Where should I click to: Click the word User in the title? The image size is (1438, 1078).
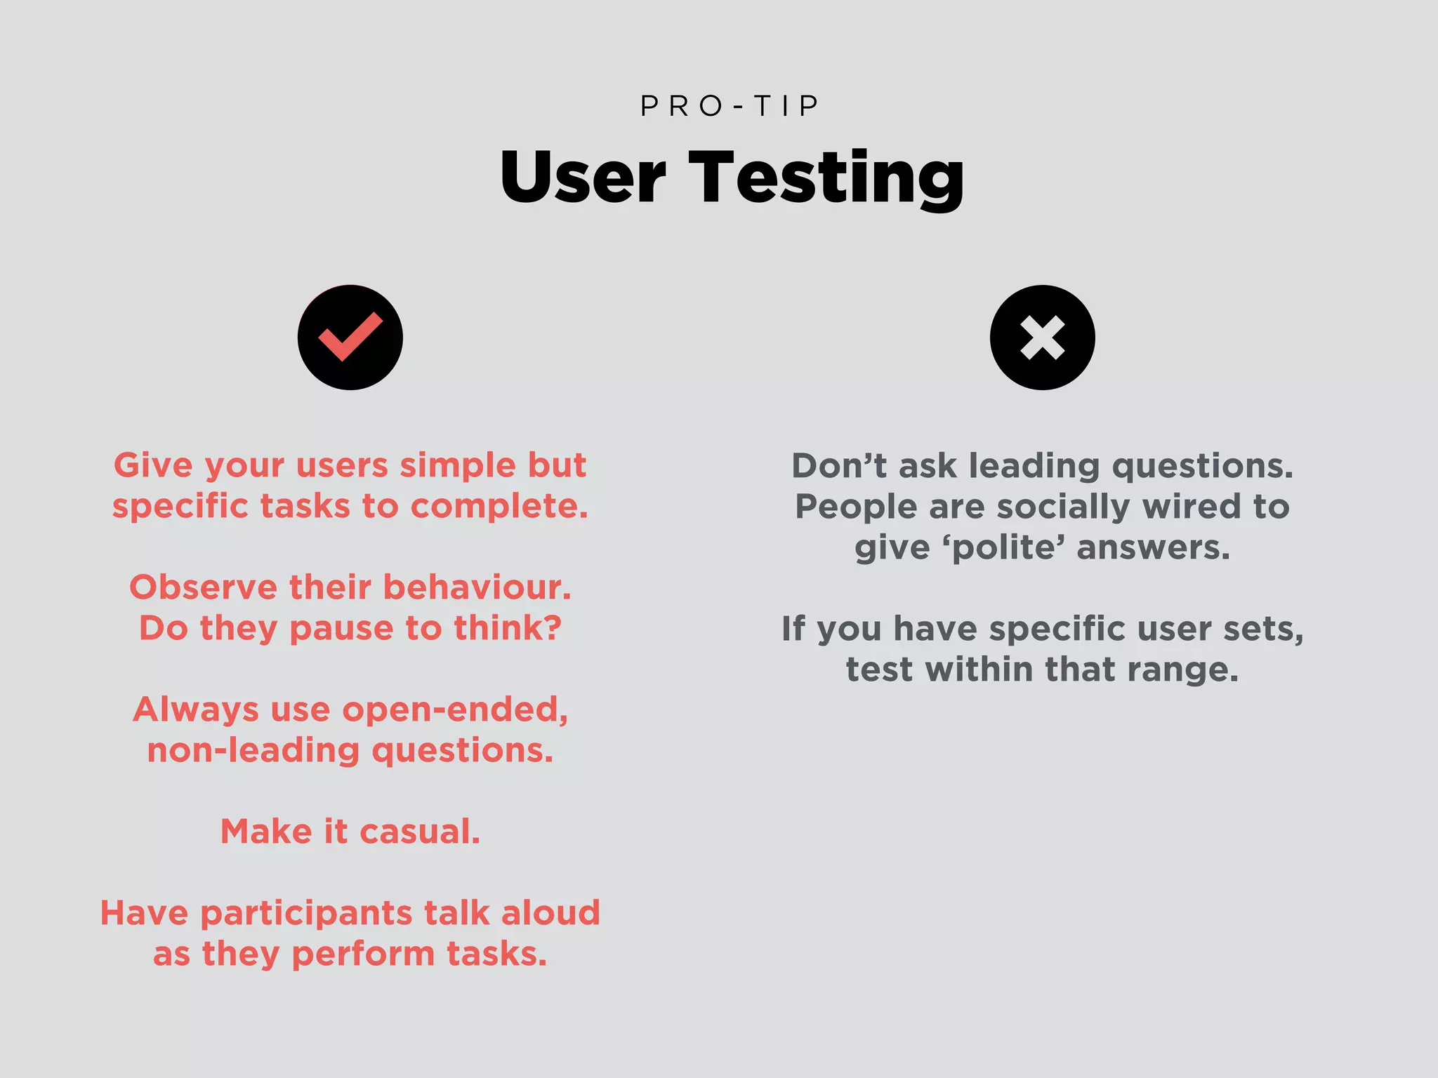tap(583, 177)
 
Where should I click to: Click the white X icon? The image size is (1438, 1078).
tap(1042, 338)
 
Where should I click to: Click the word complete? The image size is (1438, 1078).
tap(499, 506)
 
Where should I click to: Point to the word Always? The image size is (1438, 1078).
tap(195, 710)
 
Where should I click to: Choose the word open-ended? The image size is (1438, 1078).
tap(455, 710)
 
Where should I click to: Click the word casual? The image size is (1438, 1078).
tap(420, 832)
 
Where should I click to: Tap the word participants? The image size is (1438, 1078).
tap(306, 914)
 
